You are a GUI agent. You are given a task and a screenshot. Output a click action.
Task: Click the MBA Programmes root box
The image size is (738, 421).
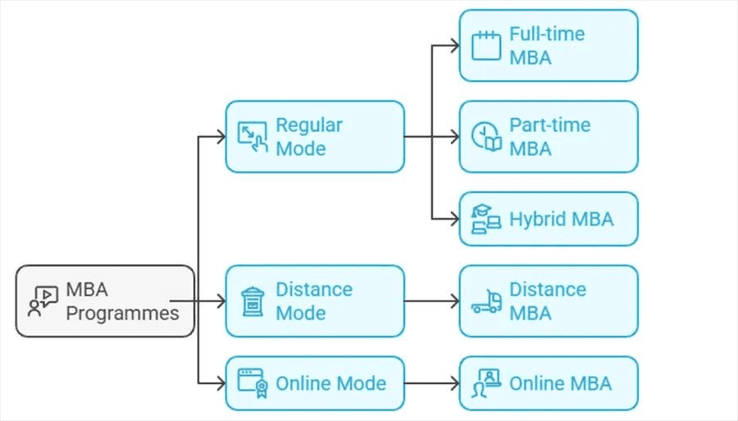click(105, 301)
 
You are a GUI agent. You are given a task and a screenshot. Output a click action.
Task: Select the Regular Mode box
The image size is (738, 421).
click(314, 137)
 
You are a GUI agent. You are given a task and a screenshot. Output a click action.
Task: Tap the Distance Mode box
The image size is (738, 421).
click(314, 301)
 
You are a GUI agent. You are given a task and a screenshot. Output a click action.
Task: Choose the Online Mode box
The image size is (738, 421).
click(314, 383)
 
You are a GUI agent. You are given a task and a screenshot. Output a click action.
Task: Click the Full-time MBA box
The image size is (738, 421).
click(548, 46)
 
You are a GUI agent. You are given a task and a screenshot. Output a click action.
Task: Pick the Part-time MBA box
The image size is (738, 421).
click(548, 137)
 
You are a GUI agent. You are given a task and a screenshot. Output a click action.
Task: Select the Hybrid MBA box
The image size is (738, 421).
click(548, 219)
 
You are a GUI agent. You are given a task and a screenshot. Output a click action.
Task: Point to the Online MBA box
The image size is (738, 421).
click(548, 383)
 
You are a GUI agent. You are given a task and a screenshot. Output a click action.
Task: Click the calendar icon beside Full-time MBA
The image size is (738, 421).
click(485, 46)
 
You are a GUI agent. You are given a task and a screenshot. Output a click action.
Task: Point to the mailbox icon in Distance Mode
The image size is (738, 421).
click(252, 301)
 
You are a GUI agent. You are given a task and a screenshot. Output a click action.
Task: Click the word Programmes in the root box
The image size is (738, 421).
click(122, 313)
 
